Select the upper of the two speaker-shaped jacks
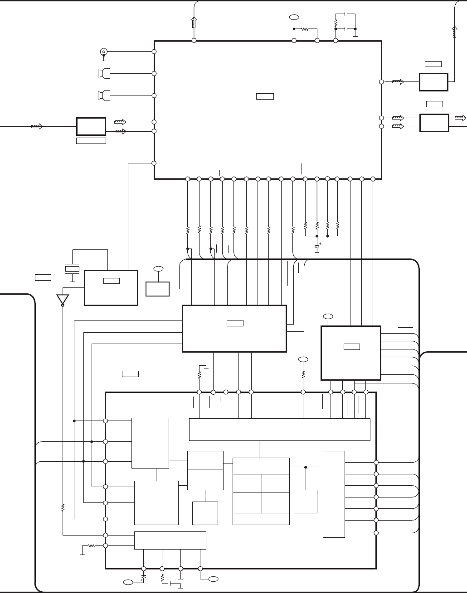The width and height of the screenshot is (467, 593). [104, 73]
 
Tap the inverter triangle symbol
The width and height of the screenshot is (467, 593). [63, 300]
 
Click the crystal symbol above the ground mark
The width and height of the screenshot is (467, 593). [72, 269]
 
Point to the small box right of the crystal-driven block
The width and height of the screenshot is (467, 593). [157, 289]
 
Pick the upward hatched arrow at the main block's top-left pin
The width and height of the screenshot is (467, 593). [194, 22]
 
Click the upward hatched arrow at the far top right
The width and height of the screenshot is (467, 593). [455, 32]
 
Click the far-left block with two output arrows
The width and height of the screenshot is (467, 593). [91, 126]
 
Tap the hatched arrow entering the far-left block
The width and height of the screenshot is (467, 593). [37, 126]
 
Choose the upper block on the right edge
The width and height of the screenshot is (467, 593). [433, 82]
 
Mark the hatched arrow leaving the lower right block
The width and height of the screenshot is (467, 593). [460, 118]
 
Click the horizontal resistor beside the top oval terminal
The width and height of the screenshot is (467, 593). [305, 29]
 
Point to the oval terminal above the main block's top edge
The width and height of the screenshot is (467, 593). [294, 17]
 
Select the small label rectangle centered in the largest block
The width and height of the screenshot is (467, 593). [265, 96]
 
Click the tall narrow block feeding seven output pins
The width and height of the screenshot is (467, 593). [334, 494]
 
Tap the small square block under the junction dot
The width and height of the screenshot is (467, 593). [305, 501]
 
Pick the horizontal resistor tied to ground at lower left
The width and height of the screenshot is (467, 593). [92, 546]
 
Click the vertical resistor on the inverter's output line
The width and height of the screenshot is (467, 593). [63, 507]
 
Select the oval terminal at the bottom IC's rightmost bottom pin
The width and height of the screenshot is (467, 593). [213, 579]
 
